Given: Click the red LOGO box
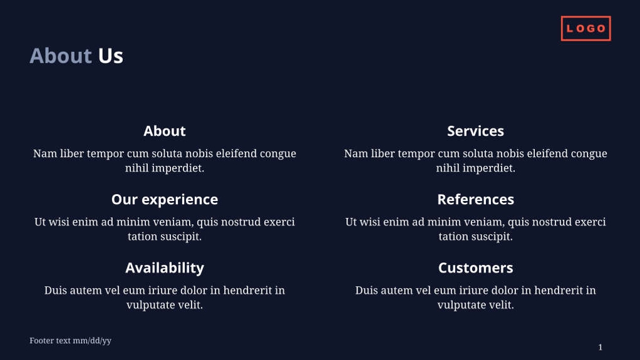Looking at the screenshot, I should tap(586, 28).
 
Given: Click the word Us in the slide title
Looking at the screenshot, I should tap(110, 56).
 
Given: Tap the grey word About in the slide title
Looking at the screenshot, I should tap(61, 56).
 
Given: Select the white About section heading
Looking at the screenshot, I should tap(165, 131).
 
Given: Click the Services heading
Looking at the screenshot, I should tap(475, 131).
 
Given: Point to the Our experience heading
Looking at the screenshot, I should tap(165, 199).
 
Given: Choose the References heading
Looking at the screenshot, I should tap(475, 199).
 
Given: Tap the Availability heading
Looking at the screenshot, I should tap(165, 267).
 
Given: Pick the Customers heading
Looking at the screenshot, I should tap(475, 267).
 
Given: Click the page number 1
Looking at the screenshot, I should tap(600, 347).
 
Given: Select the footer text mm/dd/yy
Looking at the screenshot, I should tap(70, 341).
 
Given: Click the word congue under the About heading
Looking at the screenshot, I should tap(277, 154).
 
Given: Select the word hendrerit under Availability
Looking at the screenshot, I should tap(248, 291).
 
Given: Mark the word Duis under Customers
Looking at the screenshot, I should tap(367, 291).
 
